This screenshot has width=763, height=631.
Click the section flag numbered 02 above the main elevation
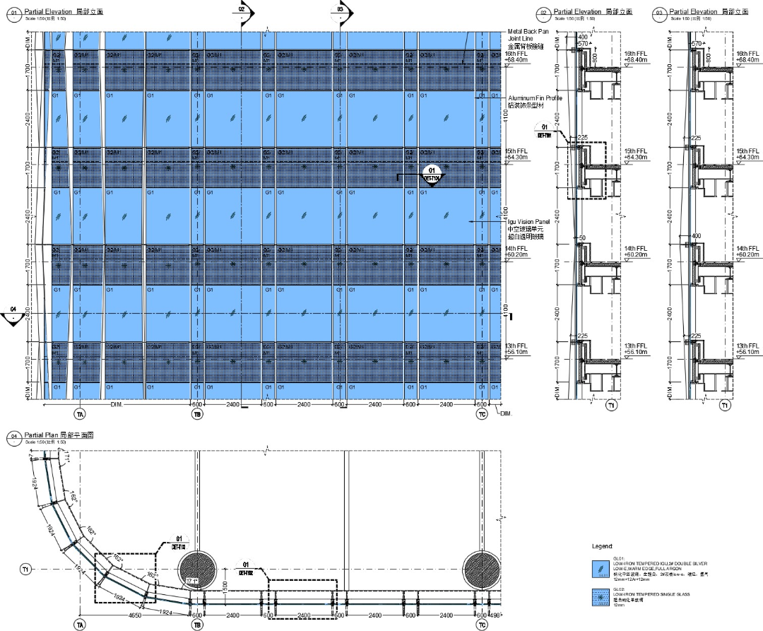(242, 11)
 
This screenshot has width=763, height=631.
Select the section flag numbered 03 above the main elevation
(341, 11)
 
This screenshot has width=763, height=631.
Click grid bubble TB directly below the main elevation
(197, 415)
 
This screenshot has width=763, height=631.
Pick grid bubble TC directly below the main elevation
(483, 415)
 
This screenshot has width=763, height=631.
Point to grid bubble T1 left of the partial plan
(25, 569)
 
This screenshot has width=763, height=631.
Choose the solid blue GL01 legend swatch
(601, 567)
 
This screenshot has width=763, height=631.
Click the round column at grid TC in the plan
(482, 569)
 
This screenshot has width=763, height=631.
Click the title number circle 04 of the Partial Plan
(13, 436)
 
